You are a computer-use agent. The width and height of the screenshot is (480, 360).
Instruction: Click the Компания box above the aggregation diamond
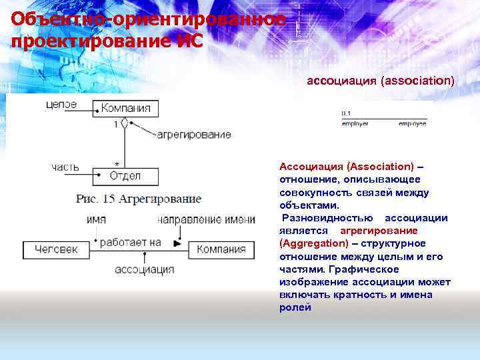point(125,107)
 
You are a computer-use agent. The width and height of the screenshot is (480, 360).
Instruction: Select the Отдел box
point(125,176)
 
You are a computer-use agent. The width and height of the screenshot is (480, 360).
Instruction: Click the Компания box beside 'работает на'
point(221,250)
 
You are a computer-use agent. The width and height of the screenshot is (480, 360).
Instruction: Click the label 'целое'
point(61,105)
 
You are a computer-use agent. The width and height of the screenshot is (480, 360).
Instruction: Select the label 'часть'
point(65,167)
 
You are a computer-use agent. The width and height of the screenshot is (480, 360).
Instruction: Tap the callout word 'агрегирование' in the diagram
point(194,135)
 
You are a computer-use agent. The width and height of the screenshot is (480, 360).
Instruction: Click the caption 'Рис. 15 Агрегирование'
point(139,199)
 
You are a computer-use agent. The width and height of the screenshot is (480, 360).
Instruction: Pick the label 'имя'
point(97,219)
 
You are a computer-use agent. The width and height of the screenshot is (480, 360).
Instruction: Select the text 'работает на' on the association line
point(131,243)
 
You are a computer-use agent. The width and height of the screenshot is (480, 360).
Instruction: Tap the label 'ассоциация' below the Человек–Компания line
point(145,269)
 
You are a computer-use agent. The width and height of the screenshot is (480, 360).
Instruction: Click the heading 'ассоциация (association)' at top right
point(380,81)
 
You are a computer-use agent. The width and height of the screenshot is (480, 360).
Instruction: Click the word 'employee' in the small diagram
point(412,124)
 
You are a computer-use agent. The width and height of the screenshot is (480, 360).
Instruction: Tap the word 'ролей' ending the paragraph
point(295,307)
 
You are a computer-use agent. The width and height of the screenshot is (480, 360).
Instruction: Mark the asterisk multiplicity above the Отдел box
point(117,163)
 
